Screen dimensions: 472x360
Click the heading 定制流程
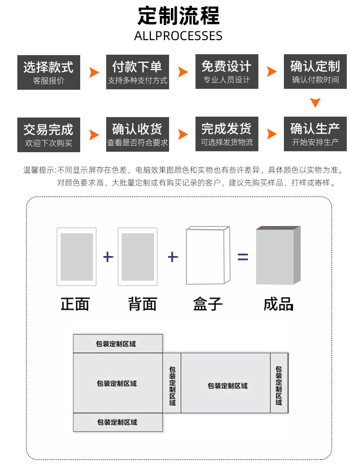tap(178, 16)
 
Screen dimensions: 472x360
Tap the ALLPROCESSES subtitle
tap(178, 36)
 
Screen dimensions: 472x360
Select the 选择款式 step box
tap(49, 72)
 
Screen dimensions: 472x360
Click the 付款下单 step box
tap(137, 72)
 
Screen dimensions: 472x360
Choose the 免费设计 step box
tap(226, 72)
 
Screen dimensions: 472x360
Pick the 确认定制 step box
tap(315, 72)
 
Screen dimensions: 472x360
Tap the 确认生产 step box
tap(315, 134)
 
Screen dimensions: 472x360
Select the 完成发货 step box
tap(226, 134)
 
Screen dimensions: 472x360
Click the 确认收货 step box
tap(137, 134)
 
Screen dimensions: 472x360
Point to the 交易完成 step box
tap(49, 134)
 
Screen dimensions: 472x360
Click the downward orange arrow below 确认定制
tap(315, 103)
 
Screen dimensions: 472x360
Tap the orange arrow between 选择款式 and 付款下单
tap(94, 72)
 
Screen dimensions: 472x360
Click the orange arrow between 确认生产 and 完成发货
tap(272, 134)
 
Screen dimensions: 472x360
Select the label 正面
tap(75, 304)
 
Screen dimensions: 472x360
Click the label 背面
tap(143, 304)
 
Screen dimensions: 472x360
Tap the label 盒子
tap(208, 304)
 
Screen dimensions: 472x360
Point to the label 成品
tap(278, 304)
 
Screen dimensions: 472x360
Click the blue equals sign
tap(243, 257)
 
